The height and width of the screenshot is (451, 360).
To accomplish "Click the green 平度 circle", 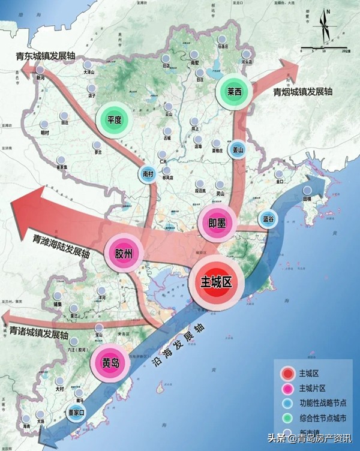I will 115,119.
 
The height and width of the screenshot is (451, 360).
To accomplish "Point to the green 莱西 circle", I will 234,92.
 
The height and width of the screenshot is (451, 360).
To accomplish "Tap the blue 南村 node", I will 148,173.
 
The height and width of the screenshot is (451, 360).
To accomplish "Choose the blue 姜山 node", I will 239,151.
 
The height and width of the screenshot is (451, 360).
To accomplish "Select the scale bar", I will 325,47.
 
